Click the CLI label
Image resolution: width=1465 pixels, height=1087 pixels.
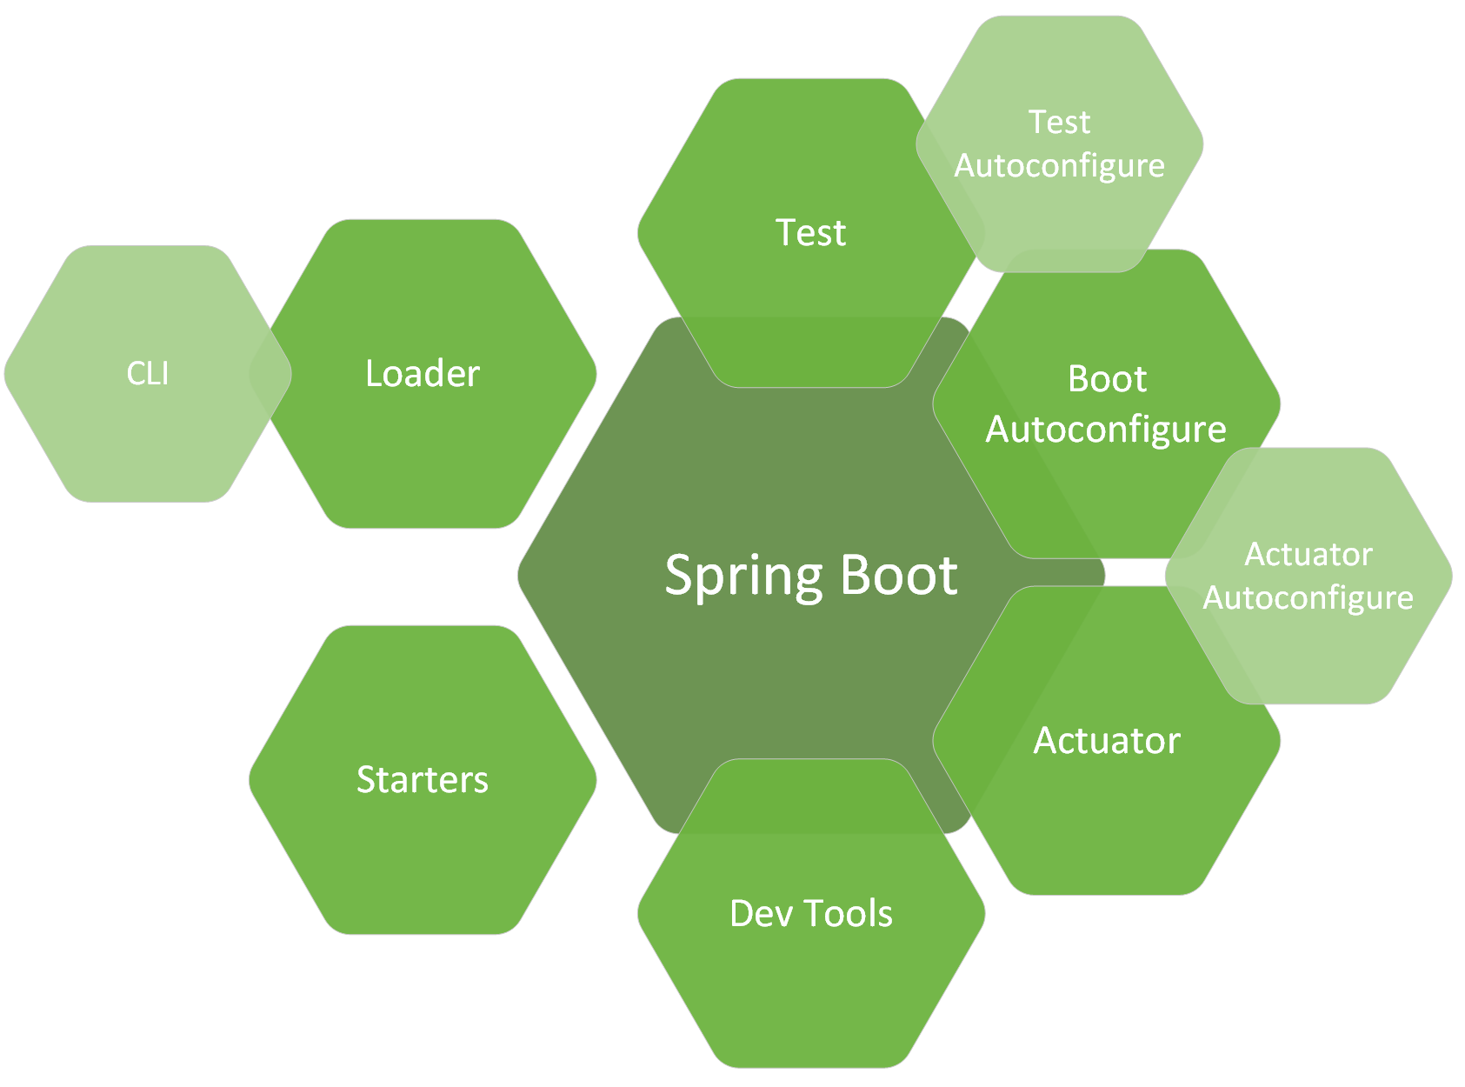[x=148, y=374]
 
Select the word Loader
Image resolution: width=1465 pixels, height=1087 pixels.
[x=423, y=374]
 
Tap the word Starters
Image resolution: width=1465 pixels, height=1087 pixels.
[x=423, y=780]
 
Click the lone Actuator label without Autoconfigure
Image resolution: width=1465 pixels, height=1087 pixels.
[x=1107, y=741]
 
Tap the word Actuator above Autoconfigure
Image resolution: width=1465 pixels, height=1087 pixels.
[x=1309, y=555]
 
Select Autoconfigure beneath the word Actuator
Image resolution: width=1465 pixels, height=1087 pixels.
[x=1308, y=598]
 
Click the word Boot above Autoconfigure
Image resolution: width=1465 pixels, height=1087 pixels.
[x=1107, y=379]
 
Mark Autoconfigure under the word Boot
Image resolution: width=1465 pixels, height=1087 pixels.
[x=1106, y=430]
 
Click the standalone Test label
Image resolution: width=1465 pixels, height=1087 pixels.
[x=810, y=233]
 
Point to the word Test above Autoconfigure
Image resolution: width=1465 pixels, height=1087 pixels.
[x=1059, y=123]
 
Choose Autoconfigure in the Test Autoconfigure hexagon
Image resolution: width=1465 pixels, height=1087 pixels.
[x=1059, y=166]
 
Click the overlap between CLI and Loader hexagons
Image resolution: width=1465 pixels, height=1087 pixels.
[x=270, y=374]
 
